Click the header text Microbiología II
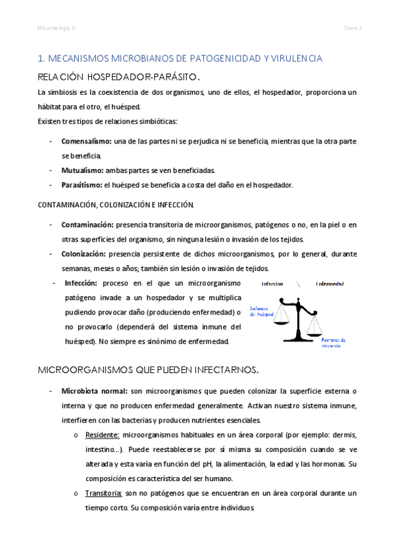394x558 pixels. click(x=56, y=28)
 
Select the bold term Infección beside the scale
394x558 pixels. click(x=81, y=283)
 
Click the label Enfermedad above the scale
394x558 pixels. click(x=330, y=284)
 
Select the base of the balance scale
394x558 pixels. click(x=303, y=339)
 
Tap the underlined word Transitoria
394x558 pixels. click(x=103, y=493)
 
